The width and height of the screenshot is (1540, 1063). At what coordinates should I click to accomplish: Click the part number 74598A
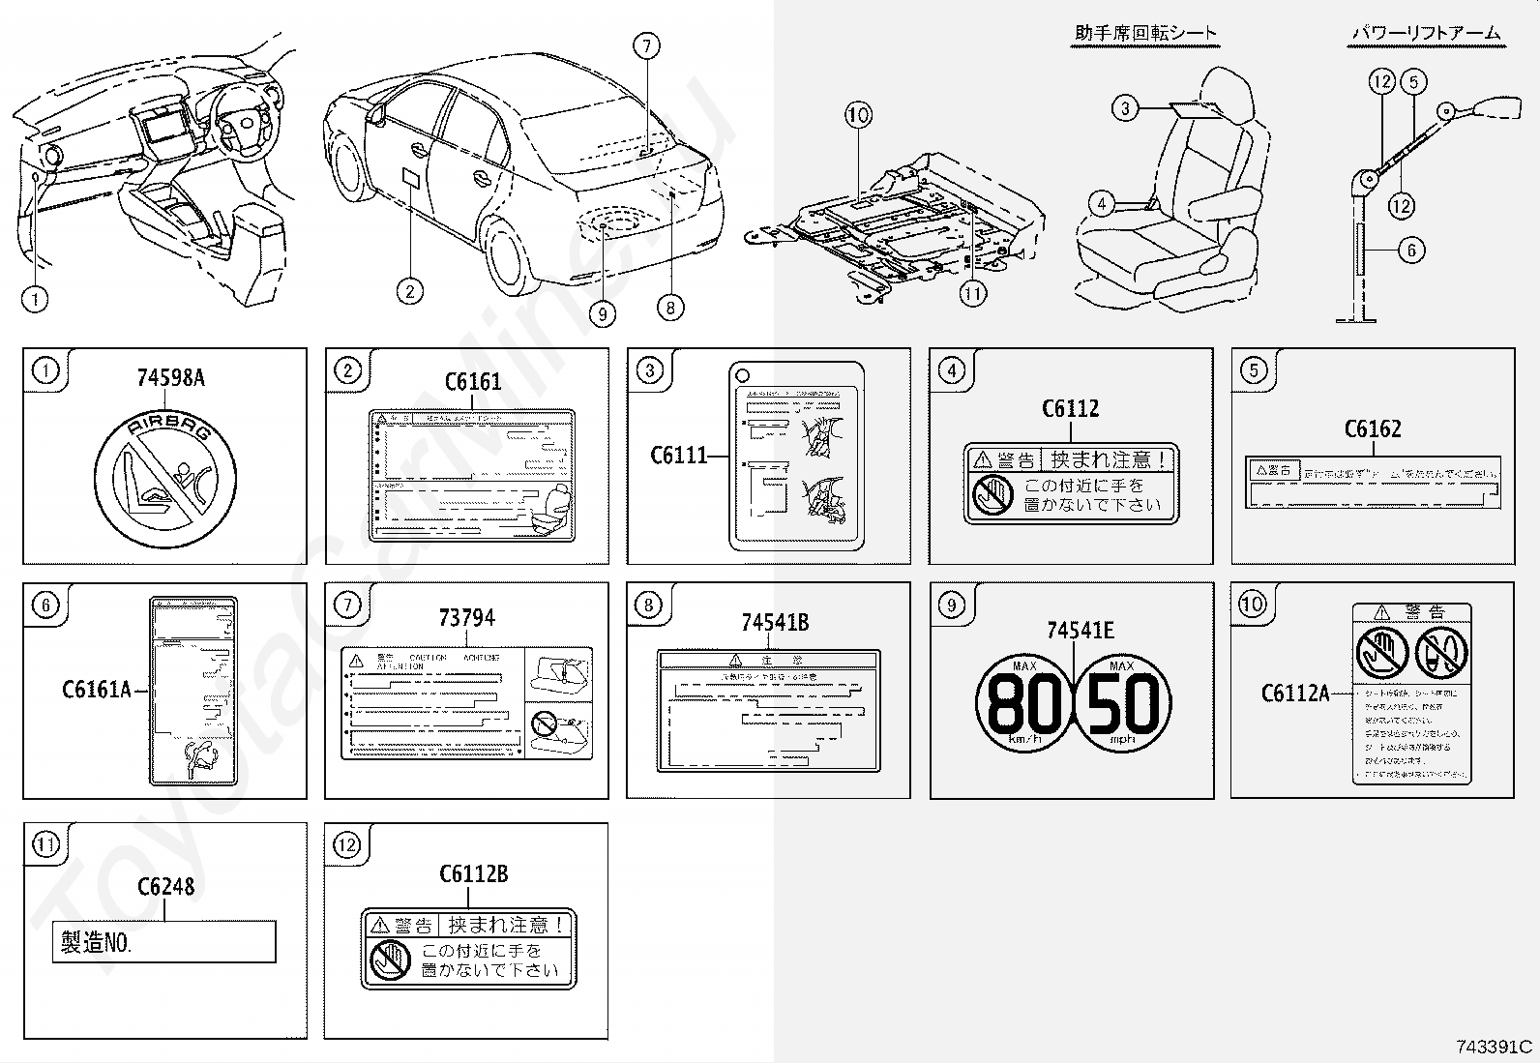point(170,377)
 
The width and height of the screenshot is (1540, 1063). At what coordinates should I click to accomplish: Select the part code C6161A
point(96,690)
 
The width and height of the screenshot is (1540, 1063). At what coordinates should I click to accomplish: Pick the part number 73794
point(466,617)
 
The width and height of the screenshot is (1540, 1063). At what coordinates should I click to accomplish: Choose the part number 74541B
point(774,623)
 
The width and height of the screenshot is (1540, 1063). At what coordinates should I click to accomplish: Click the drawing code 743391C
point(1495,1048)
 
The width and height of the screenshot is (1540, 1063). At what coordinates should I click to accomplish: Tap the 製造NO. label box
point(163,942)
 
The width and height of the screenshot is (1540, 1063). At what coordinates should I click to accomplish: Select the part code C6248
point(165,886)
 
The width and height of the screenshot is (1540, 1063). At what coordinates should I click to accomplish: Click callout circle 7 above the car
point(646,45)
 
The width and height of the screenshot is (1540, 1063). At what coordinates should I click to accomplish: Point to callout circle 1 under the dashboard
point(35,299)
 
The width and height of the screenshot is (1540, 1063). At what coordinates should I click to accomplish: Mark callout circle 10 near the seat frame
point(858,115)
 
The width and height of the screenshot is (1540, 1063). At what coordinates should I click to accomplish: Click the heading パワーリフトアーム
point(1425,34)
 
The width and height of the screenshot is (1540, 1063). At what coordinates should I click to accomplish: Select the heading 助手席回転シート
point(1145,34)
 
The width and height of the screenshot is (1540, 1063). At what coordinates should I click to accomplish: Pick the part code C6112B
point(473,874)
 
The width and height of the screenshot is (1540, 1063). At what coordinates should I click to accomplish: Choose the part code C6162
point(1373,429)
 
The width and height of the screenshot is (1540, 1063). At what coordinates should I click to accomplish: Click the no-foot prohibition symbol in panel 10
point(1441,652)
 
